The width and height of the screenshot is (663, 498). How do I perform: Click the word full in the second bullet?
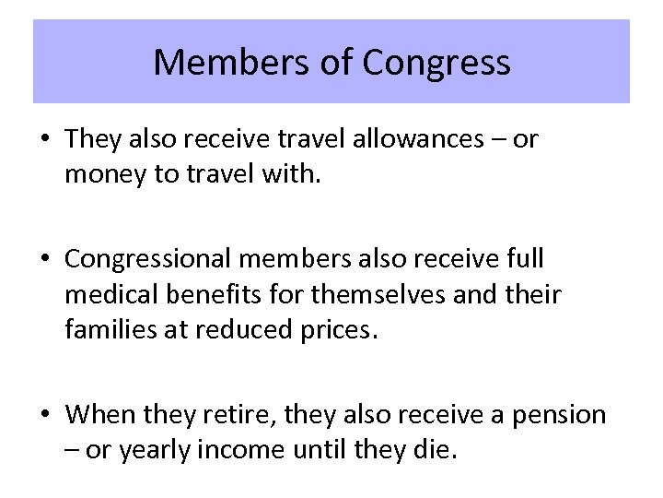(x=523, y=260)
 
